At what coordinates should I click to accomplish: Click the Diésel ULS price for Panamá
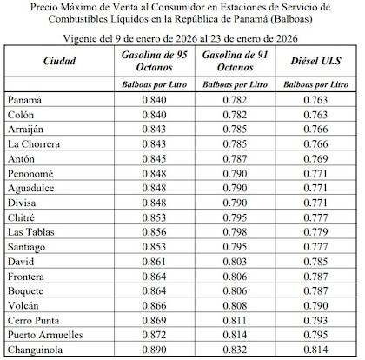[315, 101]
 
